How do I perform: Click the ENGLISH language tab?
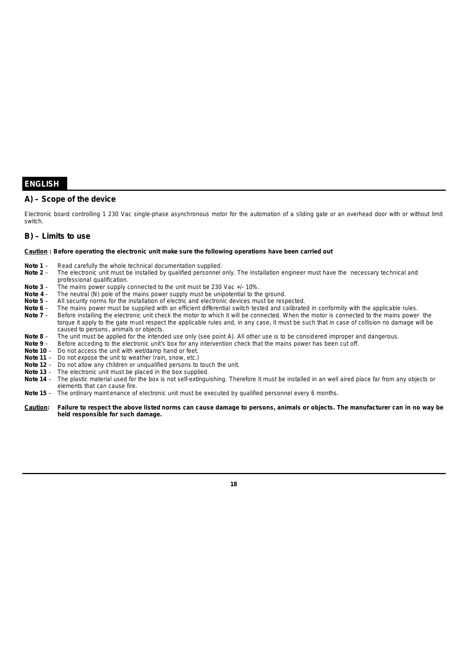[x=42, y=184]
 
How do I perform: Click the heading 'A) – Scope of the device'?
[x=70, y=199]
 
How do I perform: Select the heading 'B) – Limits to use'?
[x=57, y=236]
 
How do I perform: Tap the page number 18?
[x=234, y=484]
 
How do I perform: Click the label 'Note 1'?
[x=34, y=266]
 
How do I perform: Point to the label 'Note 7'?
[x=34, y=315]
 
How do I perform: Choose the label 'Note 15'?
[x=35, y=393]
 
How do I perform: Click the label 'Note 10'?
[x=35, y=351]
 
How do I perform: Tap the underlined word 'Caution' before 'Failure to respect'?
[x=36, y=408]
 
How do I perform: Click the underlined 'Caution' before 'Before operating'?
[x=36, y=252]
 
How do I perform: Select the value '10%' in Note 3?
[x=251, y=287]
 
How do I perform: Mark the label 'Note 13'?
[x=35, y=372]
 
